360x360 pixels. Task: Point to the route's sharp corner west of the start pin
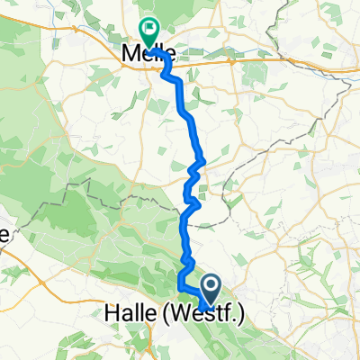tap(181, 286)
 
